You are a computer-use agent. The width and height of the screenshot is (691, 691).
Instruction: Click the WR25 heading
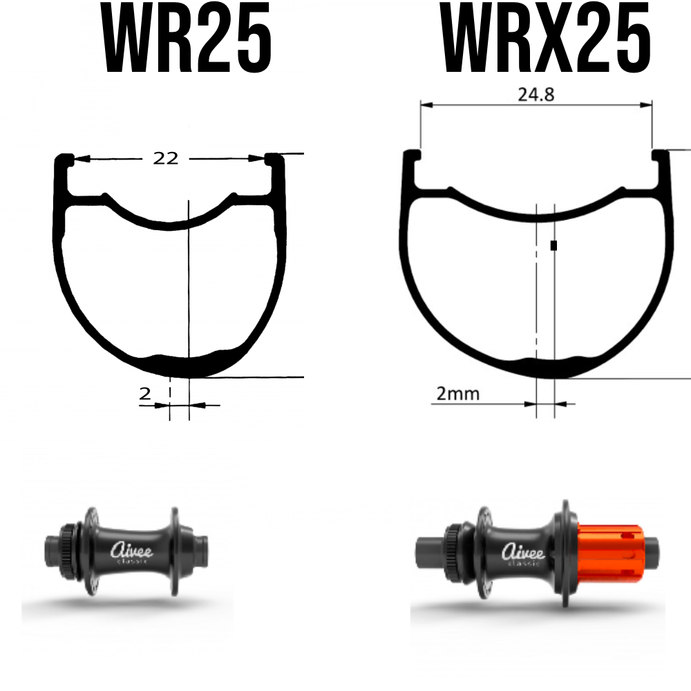click(x=187, y=40)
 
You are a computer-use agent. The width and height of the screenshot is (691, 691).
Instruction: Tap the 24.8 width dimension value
click(x=536, y=95)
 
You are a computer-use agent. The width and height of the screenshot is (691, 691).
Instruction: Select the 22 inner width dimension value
click(x=166, y=158)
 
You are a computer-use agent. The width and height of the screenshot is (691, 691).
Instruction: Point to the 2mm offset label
click(x=457, y=394)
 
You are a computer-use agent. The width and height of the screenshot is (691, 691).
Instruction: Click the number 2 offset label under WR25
click(x=145, y=394)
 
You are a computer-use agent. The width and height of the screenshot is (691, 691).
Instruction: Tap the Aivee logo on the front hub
click(x=133, y=551)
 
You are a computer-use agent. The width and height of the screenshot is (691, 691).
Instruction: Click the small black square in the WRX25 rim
click(x=553, y=245)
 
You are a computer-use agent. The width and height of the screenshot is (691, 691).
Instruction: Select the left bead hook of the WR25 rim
click(x=65, y=160)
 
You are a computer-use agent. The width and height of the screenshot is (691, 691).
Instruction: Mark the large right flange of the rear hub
click(x=565, y=553)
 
